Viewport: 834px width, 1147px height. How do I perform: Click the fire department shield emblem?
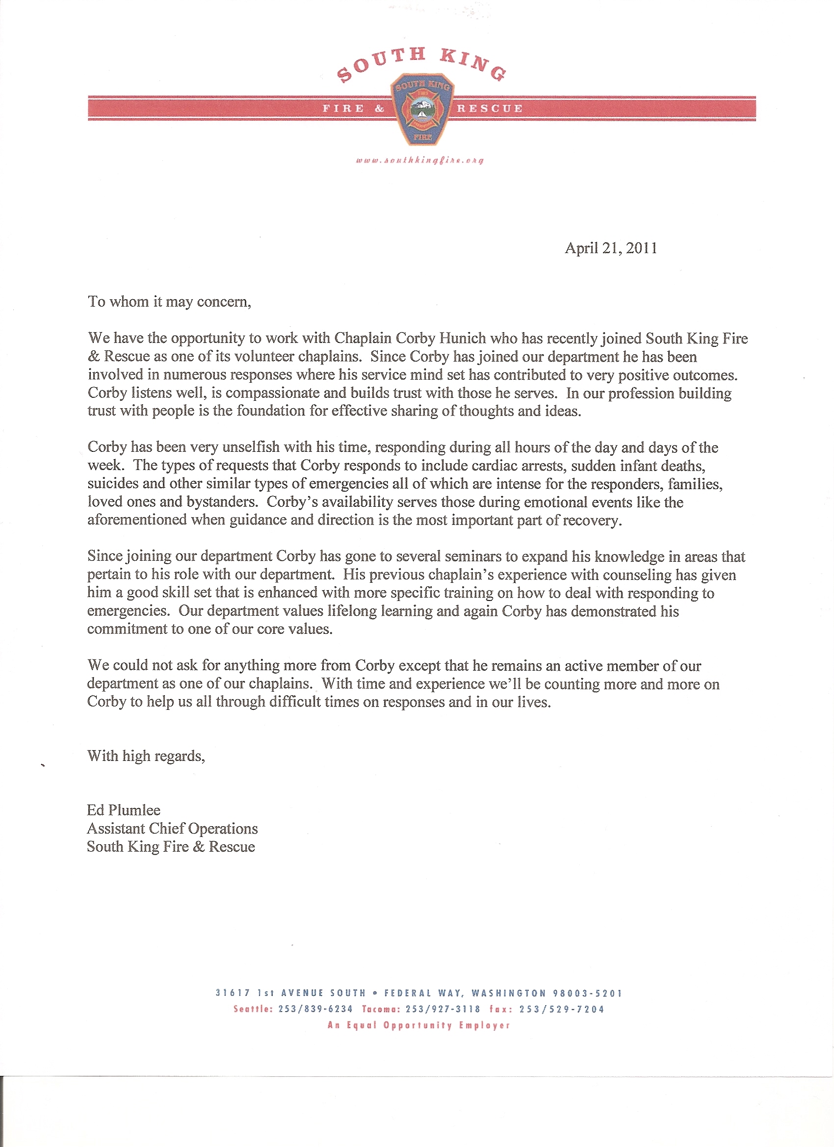tap(423, 109)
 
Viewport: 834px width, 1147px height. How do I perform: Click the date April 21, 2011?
tap(611, 248)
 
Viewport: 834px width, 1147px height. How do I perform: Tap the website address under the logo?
tap(420, 161)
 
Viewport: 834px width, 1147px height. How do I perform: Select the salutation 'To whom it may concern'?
tap(169, 302)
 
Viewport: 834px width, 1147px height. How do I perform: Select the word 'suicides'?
tap(113, 484)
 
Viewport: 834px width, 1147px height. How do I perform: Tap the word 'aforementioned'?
tap(137, 520)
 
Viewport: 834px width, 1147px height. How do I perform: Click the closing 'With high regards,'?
tap(146, 756)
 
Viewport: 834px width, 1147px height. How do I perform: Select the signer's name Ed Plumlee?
tap(124, 810)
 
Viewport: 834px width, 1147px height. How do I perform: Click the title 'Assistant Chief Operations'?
tap(172, 829)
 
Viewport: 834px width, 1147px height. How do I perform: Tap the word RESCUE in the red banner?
tap(490, 108)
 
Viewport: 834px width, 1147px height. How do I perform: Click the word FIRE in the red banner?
tap(344, 108)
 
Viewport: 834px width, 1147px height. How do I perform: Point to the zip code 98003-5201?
tap(587, 993)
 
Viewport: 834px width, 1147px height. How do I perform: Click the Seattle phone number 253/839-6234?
tap(315, 1010)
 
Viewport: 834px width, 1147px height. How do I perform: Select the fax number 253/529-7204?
tap(561, 1010)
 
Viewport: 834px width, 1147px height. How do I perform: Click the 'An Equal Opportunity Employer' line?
tap(419, 1026)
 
